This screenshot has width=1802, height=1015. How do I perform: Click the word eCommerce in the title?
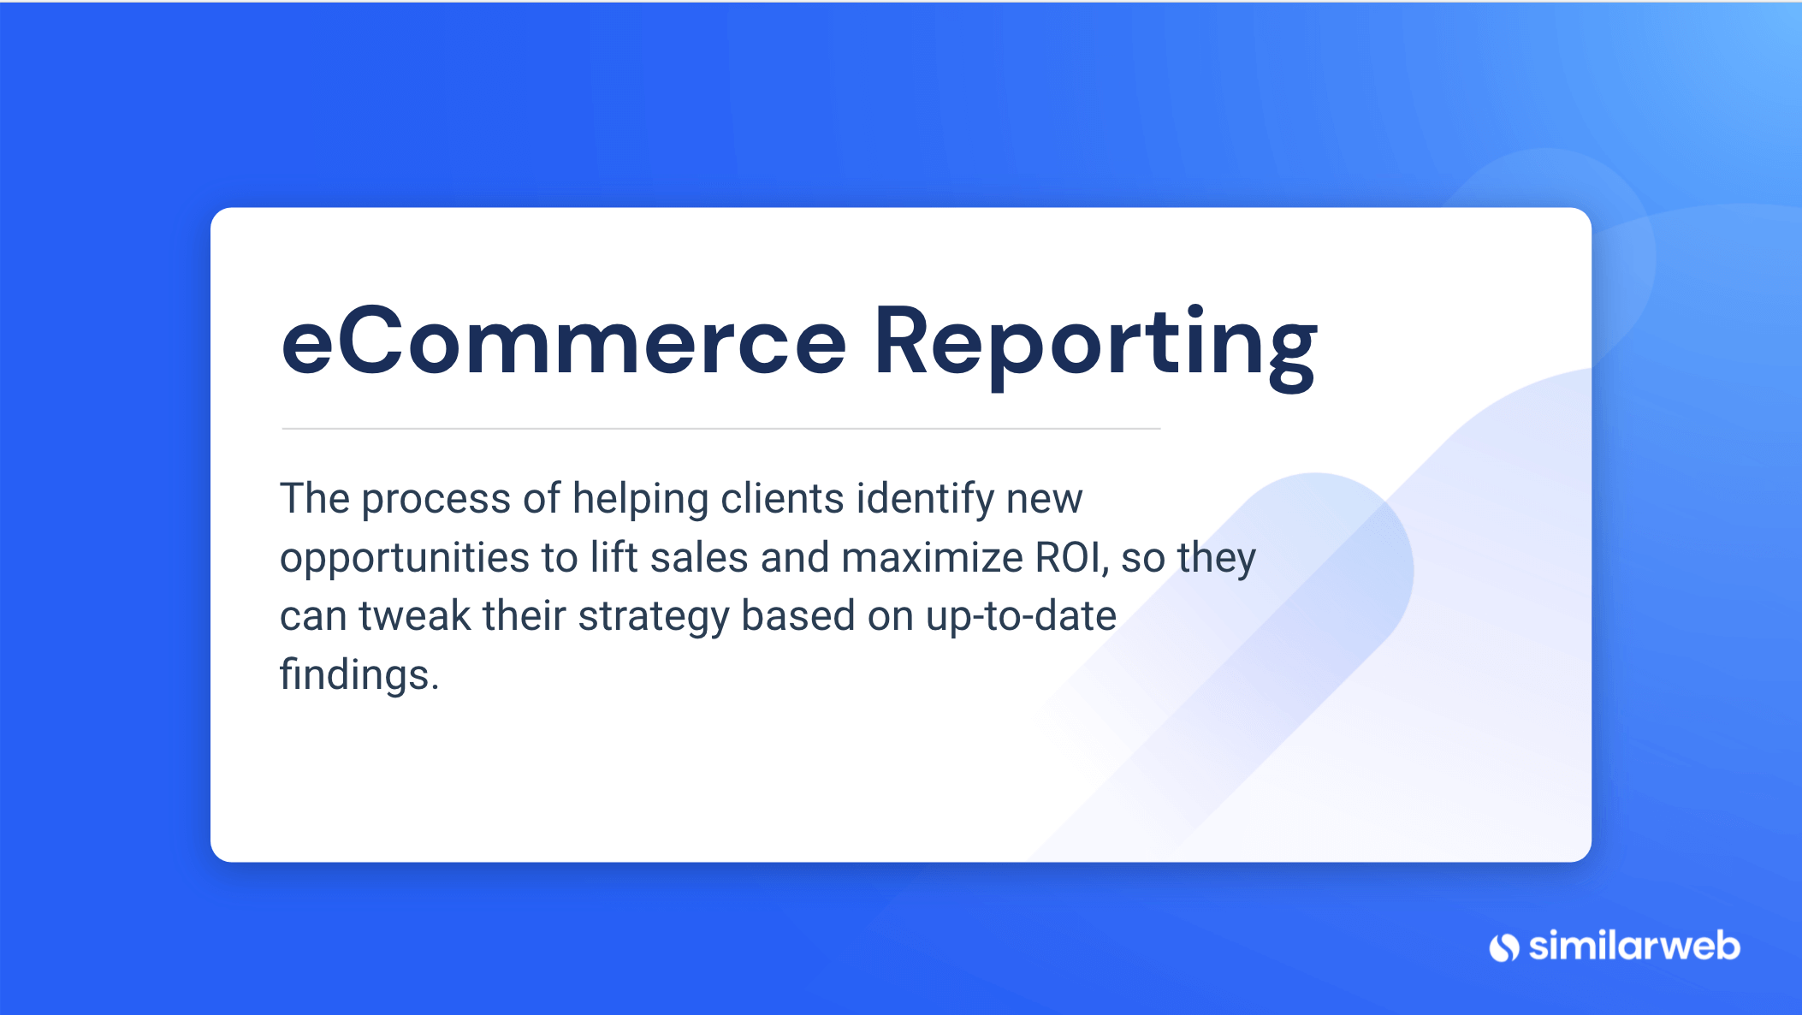click(564, 342)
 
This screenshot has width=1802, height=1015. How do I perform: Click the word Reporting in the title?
click(1094, 344)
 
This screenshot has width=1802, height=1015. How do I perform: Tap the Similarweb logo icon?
click(1503, 947)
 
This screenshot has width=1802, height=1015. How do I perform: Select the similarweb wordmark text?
click(1634, 946)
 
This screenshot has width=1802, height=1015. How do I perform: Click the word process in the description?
click(436, 500)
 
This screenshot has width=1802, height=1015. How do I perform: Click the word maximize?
click(932, 558)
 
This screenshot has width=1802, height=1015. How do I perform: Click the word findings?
click(359, 675)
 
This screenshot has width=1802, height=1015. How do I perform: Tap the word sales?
click(699, 558)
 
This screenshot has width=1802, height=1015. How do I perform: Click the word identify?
click(925, 499)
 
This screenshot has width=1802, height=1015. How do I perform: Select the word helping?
click(640, 500)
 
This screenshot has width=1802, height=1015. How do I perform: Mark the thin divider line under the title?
click(720, 428)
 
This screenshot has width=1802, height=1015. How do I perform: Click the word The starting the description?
click(314, 498)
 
